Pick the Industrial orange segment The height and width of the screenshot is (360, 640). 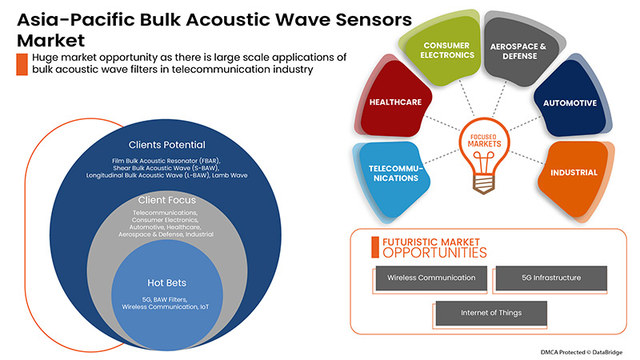pyautogui.click(x=574, y=172)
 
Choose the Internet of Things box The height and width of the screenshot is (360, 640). pyautogui.click(x=490, y=313)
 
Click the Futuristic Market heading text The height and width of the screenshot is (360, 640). pyautogui.click(x=430, y=239)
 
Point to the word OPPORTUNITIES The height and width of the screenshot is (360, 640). pyautogui.click(x=434, y=252)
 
